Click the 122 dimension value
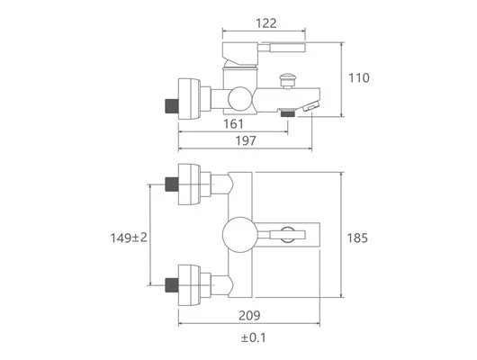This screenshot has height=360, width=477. coord(266,23)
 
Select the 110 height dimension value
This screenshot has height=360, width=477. coord(359,78)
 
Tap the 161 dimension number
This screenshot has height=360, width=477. coord(234,124)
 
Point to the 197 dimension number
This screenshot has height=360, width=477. coord(246,140)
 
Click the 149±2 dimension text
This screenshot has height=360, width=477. coord(129,238)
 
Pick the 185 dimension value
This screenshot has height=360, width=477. coord(357,238)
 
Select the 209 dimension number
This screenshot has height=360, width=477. coord(249,316)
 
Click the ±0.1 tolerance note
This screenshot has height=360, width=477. coord(254,337)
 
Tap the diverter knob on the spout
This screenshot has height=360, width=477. coord(287,81)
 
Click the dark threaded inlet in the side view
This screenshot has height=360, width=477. coord(172,106)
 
